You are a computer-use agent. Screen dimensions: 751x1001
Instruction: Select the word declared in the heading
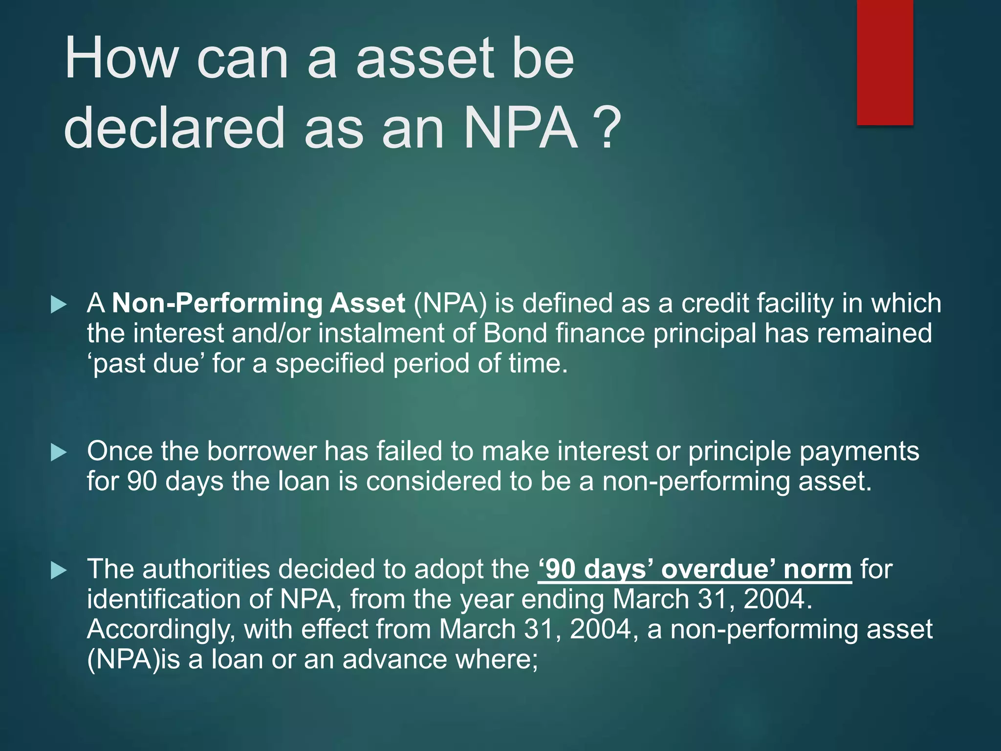tap(174, 129)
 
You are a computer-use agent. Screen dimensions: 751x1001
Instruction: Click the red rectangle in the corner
tap(885, 62)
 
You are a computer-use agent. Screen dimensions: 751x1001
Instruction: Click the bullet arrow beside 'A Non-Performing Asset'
tap(59, 305)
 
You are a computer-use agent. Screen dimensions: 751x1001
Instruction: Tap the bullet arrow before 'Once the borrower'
tap(59, 452)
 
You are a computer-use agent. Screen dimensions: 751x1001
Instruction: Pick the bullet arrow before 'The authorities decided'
tap(59, 571)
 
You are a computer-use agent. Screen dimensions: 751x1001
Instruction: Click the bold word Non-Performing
tap(218, 303)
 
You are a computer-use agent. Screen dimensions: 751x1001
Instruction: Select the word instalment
tap(381, 333)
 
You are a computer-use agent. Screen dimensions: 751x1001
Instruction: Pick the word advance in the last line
tap(394, 660)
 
